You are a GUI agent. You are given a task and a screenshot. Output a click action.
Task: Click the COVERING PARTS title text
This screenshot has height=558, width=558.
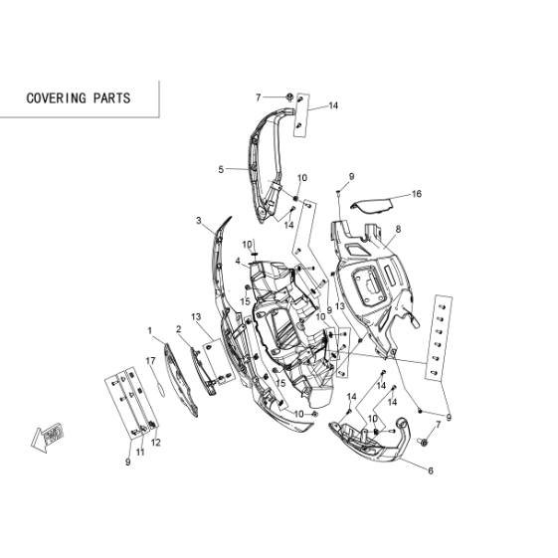tap(79, 98)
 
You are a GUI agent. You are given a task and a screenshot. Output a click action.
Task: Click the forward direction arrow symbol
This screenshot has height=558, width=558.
tap(47, 437)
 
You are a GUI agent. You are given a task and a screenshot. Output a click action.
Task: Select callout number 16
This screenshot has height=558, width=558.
tap(417, 194)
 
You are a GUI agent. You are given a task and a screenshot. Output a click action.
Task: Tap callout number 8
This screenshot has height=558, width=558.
tap(398, 230)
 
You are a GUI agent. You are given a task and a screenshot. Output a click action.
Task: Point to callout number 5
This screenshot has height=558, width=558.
tap(221, 169)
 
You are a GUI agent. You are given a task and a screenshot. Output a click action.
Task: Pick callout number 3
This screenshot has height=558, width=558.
tap(199, 221)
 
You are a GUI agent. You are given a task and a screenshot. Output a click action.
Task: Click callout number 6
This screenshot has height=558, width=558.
tap(431, 470)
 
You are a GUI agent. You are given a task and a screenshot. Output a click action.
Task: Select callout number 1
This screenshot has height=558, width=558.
tap(150, 331)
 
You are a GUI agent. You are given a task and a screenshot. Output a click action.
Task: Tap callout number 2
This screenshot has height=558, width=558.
tap(179, 329)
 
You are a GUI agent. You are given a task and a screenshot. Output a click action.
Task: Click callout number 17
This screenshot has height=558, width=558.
tap(150, 361)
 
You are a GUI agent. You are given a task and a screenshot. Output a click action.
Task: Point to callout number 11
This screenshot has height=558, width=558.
tap(140, 452)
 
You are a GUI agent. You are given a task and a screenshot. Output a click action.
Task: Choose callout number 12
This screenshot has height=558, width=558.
tap(156, 443)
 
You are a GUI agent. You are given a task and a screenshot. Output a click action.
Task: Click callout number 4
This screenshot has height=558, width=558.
tap(238, 262)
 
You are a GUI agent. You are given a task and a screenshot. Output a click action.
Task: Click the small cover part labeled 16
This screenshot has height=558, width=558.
tap(372, 206)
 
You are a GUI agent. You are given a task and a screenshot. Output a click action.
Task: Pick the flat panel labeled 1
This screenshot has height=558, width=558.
tap(181, 380)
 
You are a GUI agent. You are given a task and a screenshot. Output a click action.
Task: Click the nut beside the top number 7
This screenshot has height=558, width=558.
tap(289, 96)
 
